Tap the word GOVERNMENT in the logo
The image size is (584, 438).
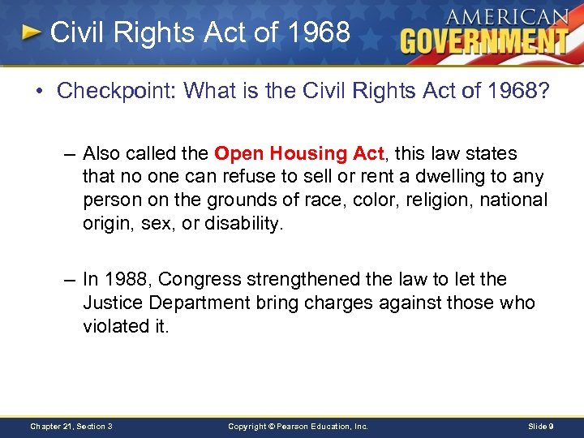pyautogui.click(x=484, y=40)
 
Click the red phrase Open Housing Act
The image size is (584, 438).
pyautogui.click(x=298, y=153)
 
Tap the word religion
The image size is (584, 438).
pyautogui.click(x=437, y=200)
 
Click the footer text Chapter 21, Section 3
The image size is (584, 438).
pyautogui.click(x=71, y=426)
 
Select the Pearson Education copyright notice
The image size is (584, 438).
pyautogui.click(x=298, y=426)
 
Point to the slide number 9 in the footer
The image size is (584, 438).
pyautogui.click(x=551, y=426)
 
